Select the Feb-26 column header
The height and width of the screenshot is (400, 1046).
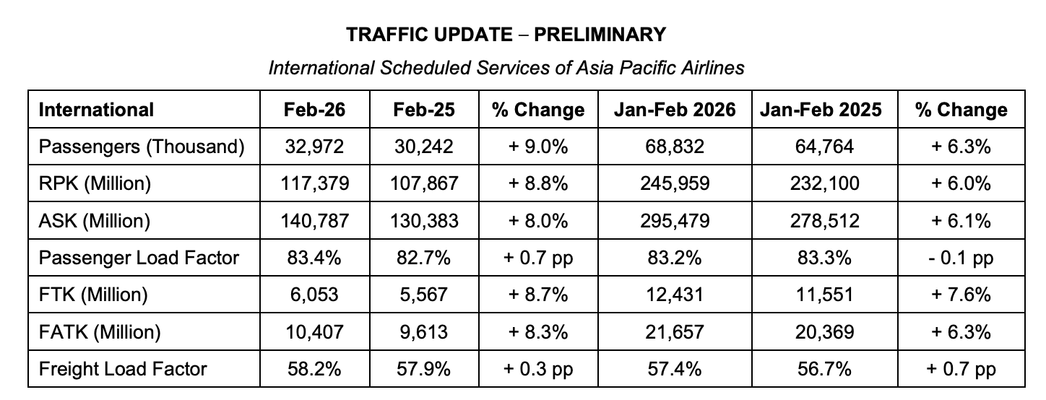(x=314, y=110)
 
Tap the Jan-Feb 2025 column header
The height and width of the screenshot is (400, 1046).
(x=821, y=110)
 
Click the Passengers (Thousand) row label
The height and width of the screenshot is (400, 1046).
(x=142, y=147)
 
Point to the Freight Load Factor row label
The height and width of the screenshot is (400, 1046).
(x=123, y=369)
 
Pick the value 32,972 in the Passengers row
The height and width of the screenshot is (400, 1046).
(x=314, y=147)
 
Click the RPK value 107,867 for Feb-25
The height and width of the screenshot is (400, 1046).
(x=423, y=183)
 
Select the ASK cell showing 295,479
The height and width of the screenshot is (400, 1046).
(x=675, y=221)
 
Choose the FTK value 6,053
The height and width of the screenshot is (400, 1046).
(x=314, y=295)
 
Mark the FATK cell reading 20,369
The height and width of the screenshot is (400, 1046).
(x=821, y=332)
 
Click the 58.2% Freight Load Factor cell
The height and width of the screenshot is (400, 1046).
(x=314, y=369)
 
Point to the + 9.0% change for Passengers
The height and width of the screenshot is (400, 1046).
(x=538, y=147)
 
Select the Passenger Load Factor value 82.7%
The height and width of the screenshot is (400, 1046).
(x=423, y=258)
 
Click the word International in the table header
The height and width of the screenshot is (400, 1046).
(x=96, y=110)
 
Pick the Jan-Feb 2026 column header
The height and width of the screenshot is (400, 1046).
(x=675, y=110)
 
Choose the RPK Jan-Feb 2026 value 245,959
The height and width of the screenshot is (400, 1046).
(x=675, y=183)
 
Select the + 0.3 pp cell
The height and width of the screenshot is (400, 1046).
(x=538, y=369)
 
